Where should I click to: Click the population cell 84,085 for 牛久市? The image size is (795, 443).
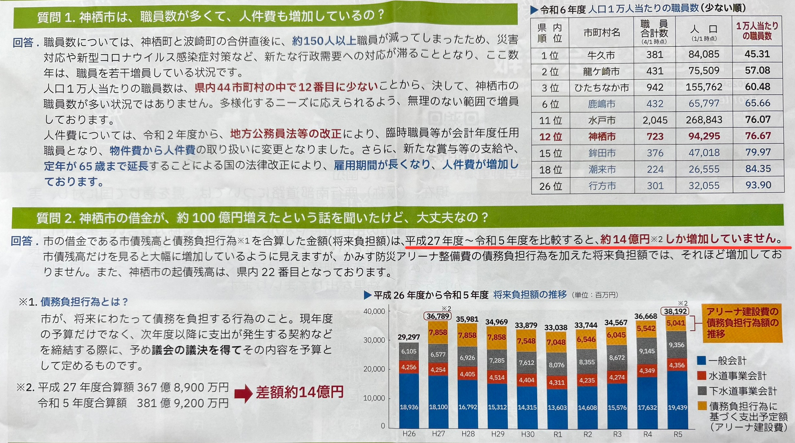703,54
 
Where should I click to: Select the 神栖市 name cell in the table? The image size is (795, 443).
601,137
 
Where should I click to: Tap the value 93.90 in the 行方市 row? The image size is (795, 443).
758,185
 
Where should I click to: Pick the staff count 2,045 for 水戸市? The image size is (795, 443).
655,120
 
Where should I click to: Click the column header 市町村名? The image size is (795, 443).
601,32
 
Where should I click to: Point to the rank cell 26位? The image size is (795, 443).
550,186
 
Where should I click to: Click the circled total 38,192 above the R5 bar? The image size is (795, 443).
675,311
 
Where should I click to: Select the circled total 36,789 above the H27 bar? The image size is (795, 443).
438,316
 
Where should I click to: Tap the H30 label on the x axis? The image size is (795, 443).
527,434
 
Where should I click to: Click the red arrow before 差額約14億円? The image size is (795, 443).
243,393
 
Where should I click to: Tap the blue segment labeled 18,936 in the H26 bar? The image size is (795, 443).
409,407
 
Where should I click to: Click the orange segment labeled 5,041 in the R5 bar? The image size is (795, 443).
675,323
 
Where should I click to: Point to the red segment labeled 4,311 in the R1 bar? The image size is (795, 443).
556,382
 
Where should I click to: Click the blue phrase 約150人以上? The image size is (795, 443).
324,41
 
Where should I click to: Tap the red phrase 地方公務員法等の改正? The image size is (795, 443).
286,134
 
